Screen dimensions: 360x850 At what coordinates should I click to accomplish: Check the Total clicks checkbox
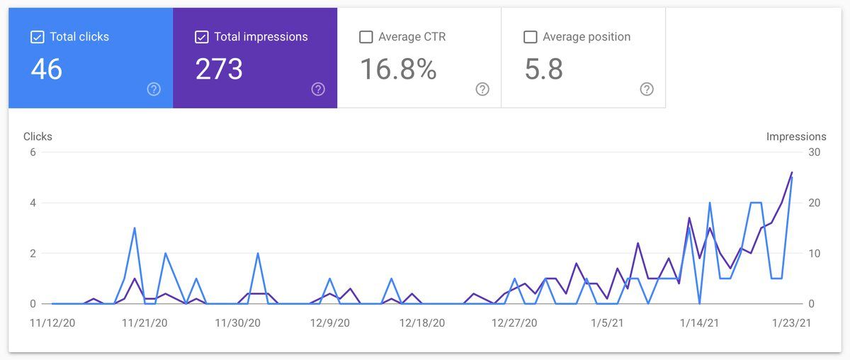click(38, 37)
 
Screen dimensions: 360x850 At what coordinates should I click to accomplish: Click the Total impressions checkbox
click(201, 37)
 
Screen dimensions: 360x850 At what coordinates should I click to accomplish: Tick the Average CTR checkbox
click(366, 37)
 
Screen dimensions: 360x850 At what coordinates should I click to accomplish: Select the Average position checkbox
click(530, 37)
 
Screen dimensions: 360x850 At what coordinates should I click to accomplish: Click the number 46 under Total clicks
click(47, 69)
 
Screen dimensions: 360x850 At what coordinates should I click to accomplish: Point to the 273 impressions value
click(219, 69)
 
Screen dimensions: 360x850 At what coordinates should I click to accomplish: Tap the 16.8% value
click(398, 69)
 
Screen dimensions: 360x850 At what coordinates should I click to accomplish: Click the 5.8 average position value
click(544, 69)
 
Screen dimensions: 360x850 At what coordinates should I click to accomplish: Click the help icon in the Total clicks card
click(154, 89)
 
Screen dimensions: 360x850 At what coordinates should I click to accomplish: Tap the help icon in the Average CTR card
click(482, 89)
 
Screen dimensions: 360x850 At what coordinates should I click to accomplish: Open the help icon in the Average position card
click(647, 89)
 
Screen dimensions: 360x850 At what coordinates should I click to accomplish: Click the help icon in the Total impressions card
click(318, 89)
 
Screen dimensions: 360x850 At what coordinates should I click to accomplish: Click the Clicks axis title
click(38, 137)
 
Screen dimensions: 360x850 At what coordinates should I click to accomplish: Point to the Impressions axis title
click(796, 137)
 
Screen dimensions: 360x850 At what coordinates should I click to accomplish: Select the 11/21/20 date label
click(144, 323)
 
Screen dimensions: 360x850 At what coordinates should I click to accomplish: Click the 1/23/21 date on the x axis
click(790, 323)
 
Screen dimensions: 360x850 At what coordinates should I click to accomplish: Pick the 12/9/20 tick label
click(329, 323)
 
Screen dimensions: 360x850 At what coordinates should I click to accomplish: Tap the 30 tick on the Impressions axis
click(815, 152)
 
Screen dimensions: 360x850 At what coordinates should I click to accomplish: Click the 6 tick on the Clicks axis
click(33, 152)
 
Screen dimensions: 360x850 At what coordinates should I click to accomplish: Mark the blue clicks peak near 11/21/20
click(135, 228)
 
